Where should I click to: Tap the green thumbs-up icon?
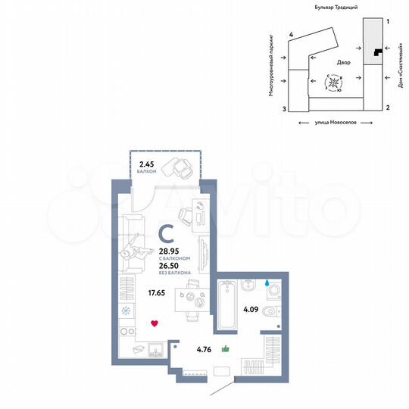coord(225,349)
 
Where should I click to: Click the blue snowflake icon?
coord(126,311)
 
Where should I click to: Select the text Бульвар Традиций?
coord(336,6)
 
